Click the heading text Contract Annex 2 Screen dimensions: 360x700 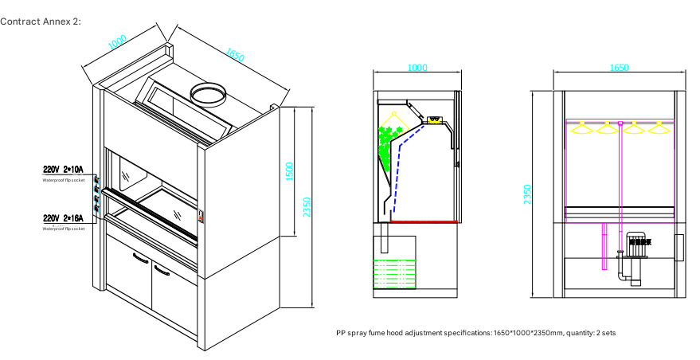click(x=41, y=20)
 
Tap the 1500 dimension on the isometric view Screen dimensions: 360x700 click(x=289, y=170)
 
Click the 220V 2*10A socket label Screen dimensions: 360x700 click(x=63, y=170)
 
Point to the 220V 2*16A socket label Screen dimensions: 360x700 click(x=63, y=217)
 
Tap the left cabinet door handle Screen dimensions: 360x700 click(x=140, y=257)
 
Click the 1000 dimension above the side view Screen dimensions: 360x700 click(x=416, y=68)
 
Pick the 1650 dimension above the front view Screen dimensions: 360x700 click(x=619, y=68)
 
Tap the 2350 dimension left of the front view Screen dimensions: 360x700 click(x=527, y=194)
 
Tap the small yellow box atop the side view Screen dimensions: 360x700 click(x=434, y=120)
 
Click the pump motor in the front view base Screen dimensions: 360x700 click(x=635, y=248)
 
